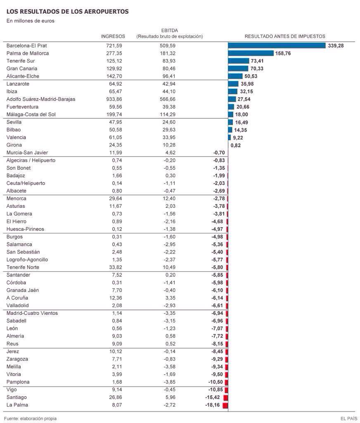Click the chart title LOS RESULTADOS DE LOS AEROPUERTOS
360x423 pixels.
[x=68, y=12]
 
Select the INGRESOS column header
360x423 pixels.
[x=113, y=36]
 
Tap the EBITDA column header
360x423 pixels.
[x=169, y=31]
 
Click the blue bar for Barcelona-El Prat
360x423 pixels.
[x=277, y=45]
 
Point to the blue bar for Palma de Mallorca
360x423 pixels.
[x=251, y=53]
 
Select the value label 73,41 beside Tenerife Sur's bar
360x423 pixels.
[x=257, y=61]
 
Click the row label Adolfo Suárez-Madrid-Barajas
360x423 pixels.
[x=41, y=99]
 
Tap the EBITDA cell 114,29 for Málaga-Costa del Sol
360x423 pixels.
[x=168, y=114]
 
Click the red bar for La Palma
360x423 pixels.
[x=225, y=405]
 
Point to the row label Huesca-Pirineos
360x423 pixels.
[x=25, y=229]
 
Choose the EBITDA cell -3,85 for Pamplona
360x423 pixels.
[x=169, y=382]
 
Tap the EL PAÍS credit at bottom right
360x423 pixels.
[x=348, y=418]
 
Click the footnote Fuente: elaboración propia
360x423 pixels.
[x=30, y=418]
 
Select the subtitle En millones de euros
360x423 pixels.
[x=31, y=21]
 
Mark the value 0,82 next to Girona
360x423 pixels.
[x=235, y=145]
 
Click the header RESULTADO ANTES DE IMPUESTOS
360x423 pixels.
[x=285, y=36]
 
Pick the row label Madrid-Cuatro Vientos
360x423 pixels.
[x=32, y=313]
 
